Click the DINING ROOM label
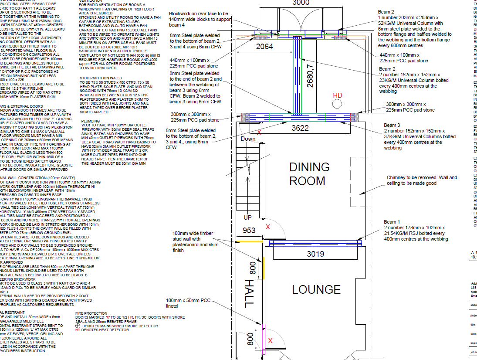point(310,174)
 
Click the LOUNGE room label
point(316,289)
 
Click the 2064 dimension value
point(264,47)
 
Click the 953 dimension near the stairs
point(249,231)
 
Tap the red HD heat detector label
point(337,95)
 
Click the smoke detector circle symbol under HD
point(337,104)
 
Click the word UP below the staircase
point(247,217)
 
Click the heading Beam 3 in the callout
point(392,125)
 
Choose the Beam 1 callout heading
point(392,222)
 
